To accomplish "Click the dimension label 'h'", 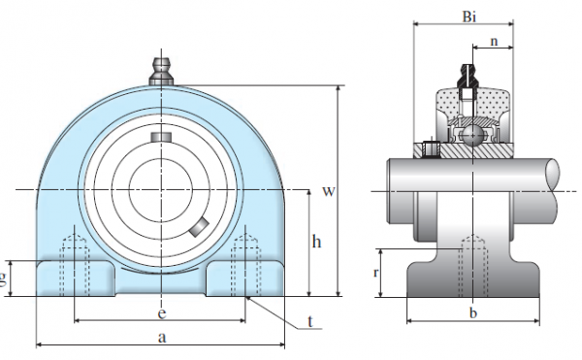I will tap(316, 242).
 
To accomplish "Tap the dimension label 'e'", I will tap(161, 312).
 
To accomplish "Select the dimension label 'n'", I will tap(494, 42).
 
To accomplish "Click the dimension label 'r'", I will tap(374, 274).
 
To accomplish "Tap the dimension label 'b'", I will tap(472, 313).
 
